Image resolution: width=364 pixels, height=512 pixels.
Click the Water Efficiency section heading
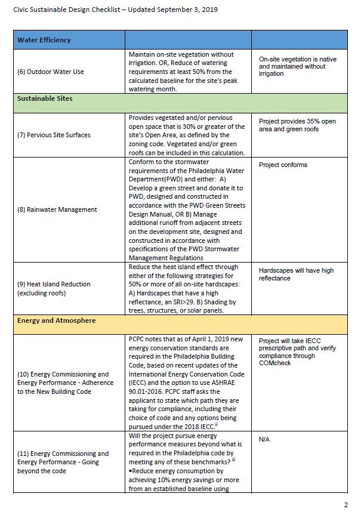click(44, 40)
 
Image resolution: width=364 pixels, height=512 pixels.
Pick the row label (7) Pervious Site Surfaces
click(54, 135)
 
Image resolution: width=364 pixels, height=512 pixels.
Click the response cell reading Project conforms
click(283, 165)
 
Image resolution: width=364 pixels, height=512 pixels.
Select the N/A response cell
click(264, 439)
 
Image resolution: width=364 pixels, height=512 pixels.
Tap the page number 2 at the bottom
click(346, 504)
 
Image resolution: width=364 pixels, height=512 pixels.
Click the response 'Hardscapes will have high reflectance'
click(296, 274)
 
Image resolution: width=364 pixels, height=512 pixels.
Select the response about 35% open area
click(297, 125)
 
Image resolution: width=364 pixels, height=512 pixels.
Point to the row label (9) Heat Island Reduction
click(54, 289)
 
